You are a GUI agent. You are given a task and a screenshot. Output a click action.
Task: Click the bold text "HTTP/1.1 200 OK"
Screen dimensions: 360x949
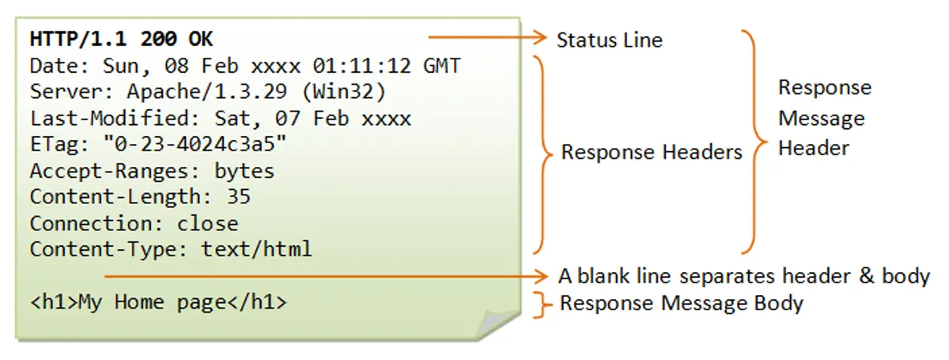[x=121, y=39]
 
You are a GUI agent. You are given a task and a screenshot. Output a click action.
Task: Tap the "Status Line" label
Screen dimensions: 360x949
[x=609, y=40]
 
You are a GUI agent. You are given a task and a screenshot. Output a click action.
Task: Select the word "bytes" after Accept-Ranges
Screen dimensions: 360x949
[x=244, y=171]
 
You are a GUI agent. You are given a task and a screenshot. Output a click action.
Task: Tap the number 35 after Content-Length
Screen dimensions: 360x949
[x=238, y=197]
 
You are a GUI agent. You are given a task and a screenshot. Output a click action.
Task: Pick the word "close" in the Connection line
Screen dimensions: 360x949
[x=207, y=223]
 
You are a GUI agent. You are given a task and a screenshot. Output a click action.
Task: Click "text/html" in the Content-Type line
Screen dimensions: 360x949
[x=256, y=249]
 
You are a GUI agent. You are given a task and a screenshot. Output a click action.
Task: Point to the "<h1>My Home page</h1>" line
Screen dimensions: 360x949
[x=158, y=301]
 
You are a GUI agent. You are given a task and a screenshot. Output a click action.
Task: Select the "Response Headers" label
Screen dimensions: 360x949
[x=652, y=152]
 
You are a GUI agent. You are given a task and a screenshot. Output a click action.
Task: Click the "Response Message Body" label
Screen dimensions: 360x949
[x=682, y=303]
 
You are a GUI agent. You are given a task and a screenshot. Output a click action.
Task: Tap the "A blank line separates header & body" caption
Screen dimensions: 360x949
[x=743, y=276]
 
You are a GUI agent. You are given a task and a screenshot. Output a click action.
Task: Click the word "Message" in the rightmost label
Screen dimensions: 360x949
[x=821, y=119]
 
